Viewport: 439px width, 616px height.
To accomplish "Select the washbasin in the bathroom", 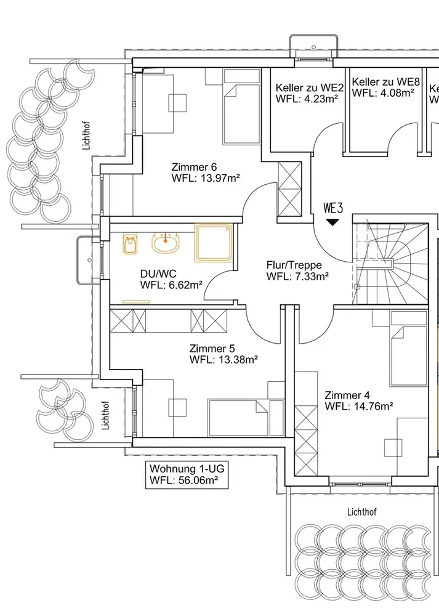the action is pyautogui.click(x=167, y=244).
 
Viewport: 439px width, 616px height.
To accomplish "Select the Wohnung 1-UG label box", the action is pyautogui.click(x=185, y=474).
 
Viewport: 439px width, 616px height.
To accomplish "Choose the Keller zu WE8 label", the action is pyautogui.click(x=382, y=81).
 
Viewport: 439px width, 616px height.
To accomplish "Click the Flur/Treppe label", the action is pyautogui.click(x=294, y=265).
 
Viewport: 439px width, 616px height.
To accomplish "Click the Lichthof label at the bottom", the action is pyautogui.click(x=362, y=512).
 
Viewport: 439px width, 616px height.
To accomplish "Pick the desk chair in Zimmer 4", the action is pyautogui.click(x=392, y=447).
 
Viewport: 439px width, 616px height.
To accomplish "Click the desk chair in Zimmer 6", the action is pyautogui.click(x=179, y=102).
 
